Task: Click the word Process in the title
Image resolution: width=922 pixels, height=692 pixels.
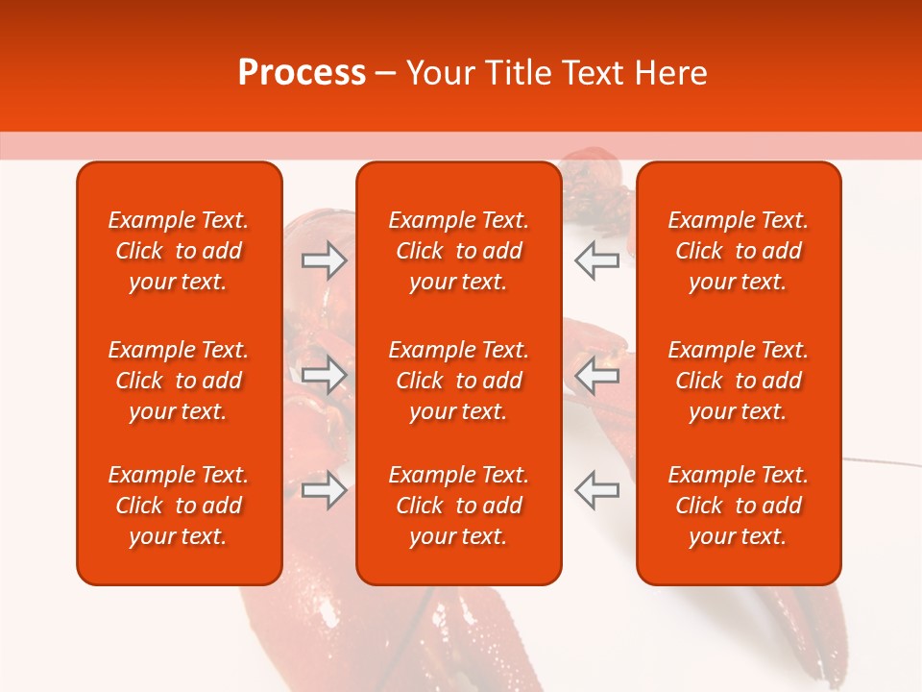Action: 302,73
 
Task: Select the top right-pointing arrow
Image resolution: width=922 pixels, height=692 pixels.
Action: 324,259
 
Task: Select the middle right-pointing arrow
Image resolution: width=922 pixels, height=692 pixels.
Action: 324,375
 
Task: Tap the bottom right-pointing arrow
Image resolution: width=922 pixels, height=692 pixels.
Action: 324,490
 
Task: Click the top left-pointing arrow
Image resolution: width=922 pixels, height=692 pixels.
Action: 596,259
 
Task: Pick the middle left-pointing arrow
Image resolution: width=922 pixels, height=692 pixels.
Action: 596,375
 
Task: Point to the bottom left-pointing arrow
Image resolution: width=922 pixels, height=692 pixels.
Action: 596,490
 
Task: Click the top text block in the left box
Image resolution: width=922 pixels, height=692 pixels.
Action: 179,251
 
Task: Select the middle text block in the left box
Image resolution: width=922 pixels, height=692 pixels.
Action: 179,381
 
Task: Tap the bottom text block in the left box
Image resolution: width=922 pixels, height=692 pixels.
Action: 179,506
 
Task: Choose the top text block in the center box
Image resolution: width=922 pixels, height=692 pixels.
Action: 459,251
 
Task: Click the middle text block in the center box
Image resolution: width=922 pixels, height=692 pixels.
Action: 459,381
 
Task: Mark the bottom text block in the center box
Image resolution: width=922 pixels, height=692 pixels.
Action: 459,506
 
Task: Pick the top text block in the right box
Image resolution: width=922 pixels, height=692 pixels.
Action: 739,251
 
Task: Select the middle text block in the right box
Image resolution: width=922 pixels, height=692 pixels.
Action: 739,381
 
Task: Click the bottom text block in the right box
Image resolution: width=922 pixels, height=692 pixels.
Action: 739,506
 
